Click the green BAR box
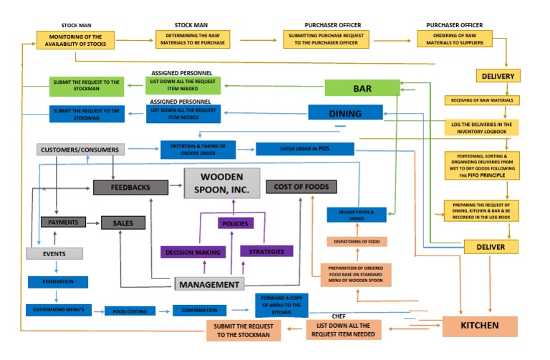(362, 88)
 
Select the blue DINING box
(345, 113)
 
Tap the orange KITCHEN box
(480, 326)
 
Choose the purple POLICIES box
(236, 223)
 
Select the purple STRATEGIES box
(266, 251)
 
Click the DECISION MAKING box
(193, 252)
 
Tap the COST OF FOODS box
(301, 187)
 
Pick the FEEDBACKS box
(130, 187)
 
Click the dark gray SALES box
(122, 223)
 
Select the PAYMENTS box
(63, 223)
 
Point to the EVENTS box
(54, 253)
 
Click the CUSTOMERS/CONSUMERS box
(80, 150)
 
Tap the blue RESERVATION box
(58, 282)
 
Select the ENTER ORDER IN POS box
(305, 149)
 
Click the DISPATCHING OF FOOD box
(357, 241)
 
